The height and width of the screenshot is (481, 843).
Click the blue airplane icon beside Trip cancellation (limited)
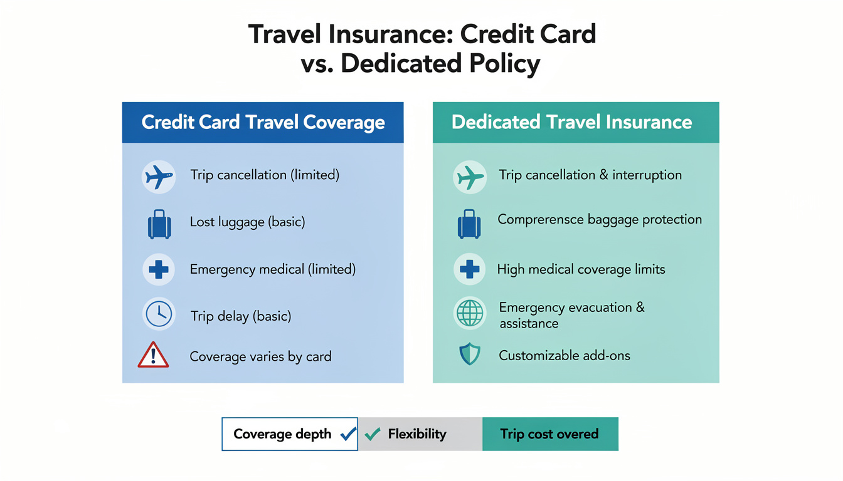159,177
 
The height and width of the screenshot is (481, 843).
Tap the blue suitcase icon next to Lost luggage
159,224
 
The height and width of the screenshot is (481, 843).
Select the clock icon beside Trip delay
159,314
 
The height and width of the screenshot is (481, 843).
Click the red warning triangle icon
153,356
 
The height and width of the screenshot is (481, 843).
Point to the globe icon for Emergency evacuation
470,314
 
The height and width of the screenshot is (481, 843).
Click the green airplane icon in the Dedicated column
470,177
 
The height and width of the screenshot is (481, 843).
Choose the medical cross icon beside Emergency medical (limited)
159,269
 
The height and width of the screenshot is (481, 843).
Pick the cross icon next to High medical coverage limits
470,269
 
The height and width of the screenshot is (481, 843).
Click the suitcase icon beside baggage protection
469,224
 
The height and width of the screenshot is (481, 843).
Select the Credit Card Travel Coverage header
263,122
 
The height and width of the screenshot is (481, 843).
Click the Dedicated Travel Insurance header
571,122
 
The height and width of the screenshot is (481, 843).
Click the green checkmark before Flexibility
373,433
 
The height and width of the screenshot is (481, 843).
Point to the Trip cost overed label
549,434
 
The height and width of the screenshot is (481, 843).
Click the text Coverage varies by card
260,357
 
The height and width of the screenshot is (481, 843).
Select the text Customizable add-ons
565,356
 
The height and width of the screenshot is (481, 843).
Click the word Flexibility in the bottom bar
417,434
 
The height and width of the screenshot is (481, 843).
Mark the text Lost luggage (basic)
247,222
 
